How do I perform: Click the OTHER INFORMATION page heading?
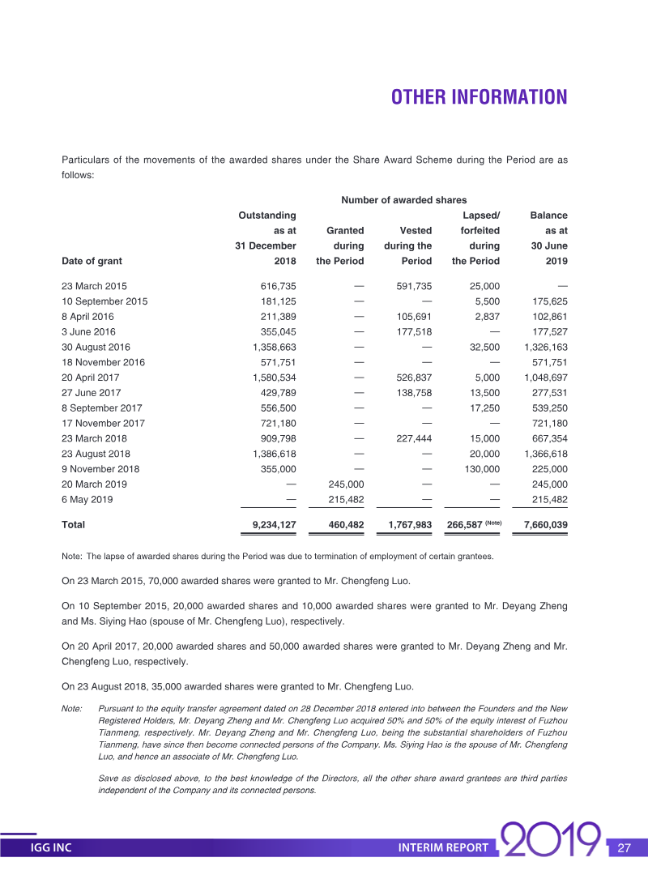[x=479, y=97]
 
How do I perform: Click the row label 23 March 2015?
[x=94, y=286]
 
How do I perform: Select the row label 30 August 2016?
[x=96, y=347]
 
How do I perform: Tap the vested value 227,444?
[x=413, y=438]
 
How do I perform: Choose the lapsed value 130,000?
[x=481, y=469]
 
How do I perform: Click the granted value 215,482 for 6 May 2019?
[x=346, y=499]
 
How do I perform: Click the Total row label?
[x=73, y=525]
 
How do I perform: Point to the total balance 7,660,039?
[x=545, y=525]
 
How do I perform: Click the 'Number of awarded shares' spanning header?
[x=403, y=200]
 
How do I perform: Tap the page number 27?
[x=624, y=848]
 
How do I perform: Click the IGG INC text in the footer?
[x=51, y=848]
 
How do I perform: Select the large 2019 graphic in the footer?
[x=552, y=844]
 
